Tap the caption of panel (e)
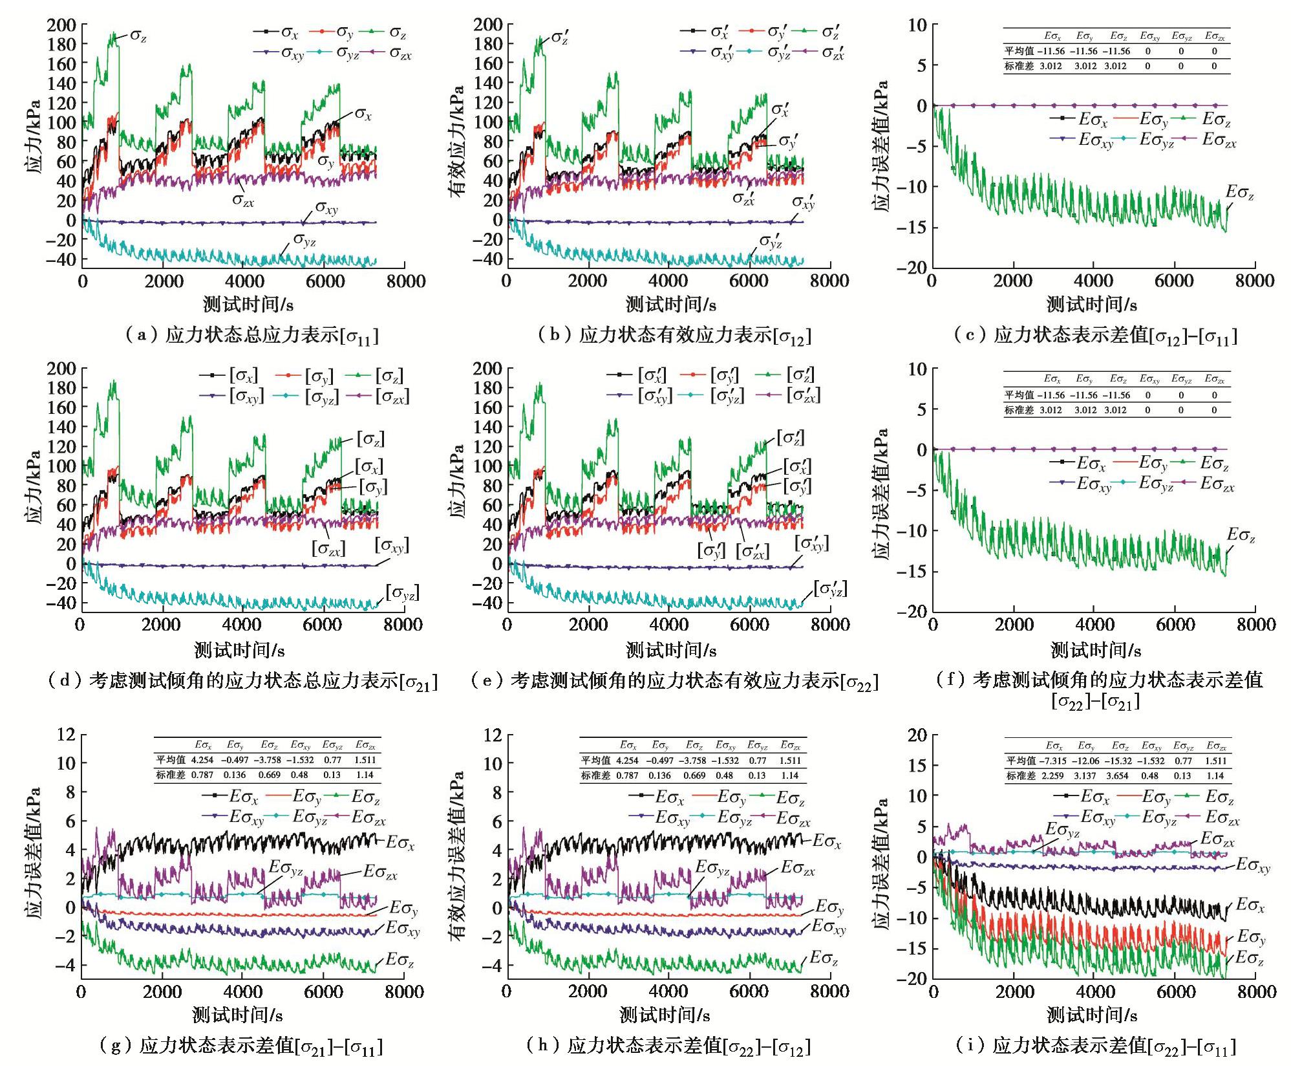[x=674, y=681]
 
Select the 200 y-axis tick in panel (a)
[x=61, y=25]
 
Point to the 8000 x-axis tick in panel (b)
[x=829, y=281]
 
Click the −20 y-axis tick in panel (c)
[x=912, y=267]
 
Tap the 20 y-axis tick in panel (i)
[x=917, y=735]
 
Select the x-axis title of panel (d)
[x=239, y=649]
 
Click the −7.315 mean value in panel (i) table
[x=1053, y=761]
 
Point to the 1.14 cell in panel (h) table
[x=790, y=775]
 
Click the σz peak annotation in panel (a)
[x=138, y=36]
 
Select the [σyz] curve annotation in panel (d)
[x=402, y=592]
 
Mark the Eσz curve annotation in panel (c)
[x=1239, y=193]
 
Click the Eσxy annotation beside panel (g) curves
[x=403, y=929]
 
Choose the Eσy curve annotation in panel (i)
[x=1251, y=937]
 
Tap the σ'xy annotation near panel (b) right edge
[x=803, y=202]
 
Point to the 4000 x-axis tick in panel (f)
[x=1094, y=625]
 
